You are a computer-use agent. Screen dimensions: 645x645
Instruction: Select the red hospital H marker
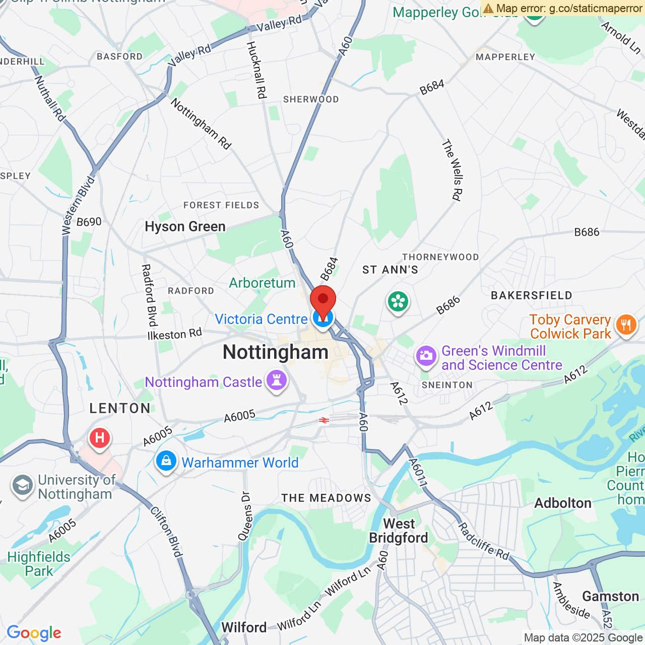[100, 438]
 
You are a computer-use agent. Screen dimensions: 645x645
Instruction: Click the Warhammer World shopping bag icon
[166, 461]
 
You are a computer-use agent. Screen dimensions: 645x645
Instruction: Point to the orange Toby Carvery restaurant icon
[626, 325]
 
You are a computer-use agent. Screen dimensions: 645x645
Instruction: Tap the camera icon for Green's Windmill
[426, 356]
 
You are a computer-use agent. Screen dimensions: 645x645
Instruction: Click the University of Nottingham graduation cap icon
[23, 486]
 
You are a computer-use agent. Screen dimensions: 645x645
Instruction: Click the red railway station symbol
[324, 420]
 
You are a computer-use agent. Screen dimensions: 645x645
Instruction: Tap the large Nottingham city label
[276, 352]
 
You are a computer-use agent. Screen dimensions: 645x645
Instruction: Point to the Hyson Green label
[185, 227]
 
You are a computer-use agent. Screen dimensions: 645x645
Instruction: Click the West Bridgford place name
[399, 531]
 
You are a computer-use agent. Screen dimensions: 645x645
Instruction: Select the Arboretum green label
[262, 283]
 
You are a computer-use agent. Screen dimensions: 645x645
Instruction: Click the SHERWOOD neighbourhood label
[311, 99]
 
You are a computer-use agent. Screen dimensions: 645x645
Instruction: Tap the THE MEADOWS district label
[326, 498]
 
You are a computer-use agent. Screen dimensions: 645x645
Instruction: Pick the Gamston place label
[610, 597]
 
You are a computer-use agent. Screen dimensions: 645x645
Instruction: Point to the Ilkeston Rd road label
[174, 334]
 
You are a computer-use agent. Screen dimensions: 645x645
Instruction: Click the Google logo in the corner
[34, 633]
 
